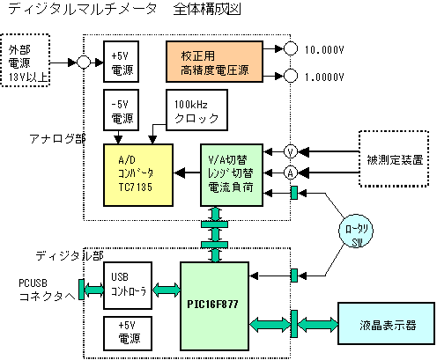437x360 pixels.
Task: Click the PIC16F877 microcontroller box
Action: pyautogui.click(x=214, y=306)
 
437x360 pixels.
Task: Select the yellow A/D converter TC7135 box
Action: pyautogui.click(x=138, y=175)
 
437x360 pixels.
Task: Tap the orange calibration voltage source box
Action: pyautogui.click(x=214, y=62)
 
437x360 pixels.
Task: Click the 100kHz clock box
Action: pyautogui.click(x=196, y=110)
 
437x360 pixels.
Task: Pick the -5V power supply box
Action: pyautogui.click(x=121, y=110)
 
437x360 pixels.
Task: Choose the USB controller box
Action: pyautogui.click(x=128, y=285)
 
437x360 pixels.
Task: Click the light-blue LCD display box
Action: pyautogui.click(x=386, y=323)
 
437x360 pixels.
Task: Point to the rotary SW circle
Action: pyautogui.click(x=356, y=231)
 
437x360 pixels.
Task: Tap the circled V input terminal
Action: pyautogui.click(x=291, y=151)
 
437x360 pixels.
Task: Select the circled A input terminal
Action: pyautogui.click(x=291, y=173)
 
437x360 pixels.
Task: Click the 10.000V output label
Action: pyautogui.click(x=324, y=50)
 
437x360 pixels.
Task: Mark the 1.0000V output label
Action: pyautogui.click(x=324, y=77)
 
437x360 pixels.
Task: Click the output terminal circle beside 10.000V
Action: pyautogui.click(x=291, y=48)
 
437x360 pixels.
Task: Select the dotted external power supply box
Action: pyautogui.click(x=26, y=60)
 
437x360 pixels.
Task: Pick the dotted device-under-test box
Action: pyautogui.click(x=394, y=158)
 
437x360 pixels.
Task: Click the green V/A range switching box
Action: pyautogui.click(x=232, y=175)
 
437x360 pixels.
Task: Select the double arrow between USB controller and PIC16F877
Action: pyautogui.click(x=167, y=290)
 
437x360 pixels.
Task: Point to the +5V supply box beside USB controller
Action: pyautogui.click(x=128, y=334)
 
